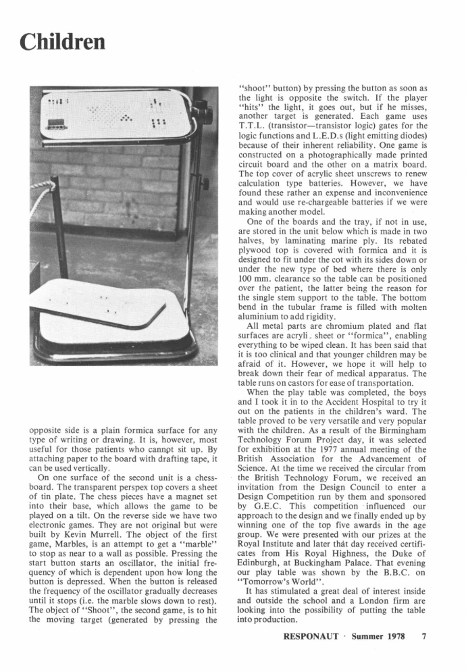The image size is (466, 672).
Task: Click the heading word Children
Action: coord(63,42)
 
